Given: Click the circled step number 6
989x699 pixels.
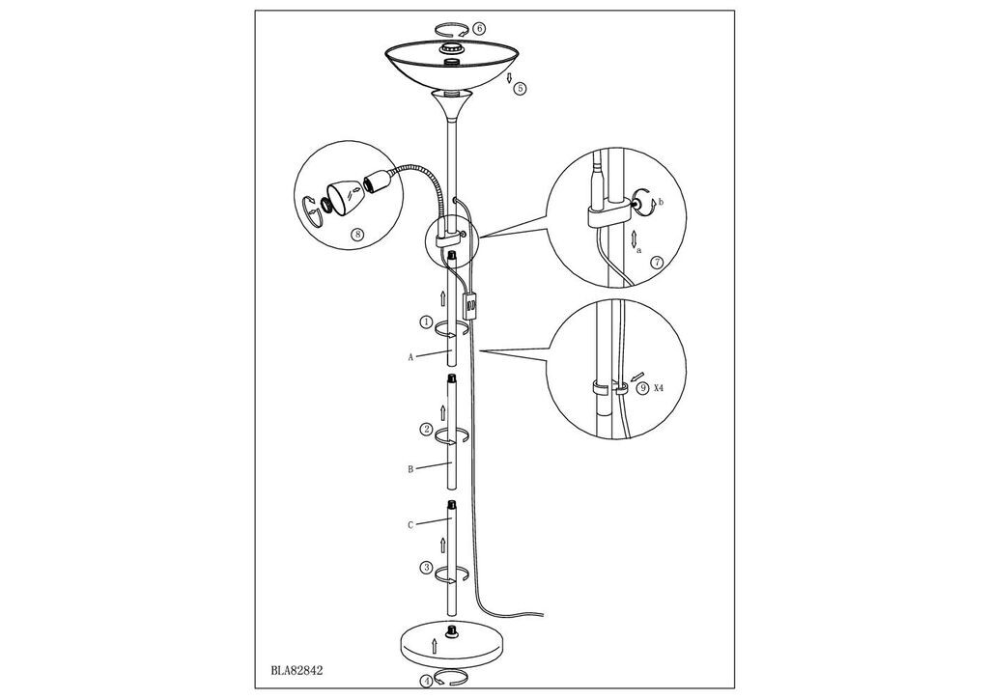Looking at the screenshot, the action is (479, 28).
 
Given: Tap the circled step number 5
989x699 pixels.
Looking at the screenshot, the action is (520, 88).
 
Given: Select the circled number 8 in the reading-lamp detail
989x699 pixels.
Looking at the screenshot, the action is (357, 235).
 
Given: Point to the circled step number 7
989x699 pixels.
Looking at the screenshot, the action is (657, 263).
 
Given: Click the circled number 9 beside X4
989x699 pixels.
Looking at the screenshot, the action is (642, 388).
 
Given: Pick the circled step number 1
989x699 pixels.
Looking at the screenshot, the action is (426, 322).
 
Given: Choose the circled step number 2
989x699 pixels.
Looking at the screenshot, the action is (426, 430).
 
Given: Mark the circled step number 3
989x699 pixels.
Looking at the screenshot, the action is (426, 568).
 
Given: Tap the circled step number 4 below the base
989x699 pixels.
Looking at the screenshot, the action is (426, 681).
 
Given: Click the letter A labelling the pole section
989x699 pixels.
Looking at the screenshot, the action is (410, 357).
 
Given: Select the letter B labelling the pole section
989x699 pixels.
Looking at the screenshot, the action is (410, 469).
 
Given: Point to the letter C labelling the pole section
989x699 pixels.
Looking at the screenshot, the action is (410, 524).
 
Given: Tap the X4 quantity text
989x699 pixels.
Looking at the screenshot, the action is (659, 388).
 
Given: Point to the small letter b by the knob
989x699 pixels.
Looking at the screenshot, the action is (661, 202).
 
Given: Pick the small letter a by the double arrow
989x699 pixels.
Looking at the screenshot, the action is (639, 250).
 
